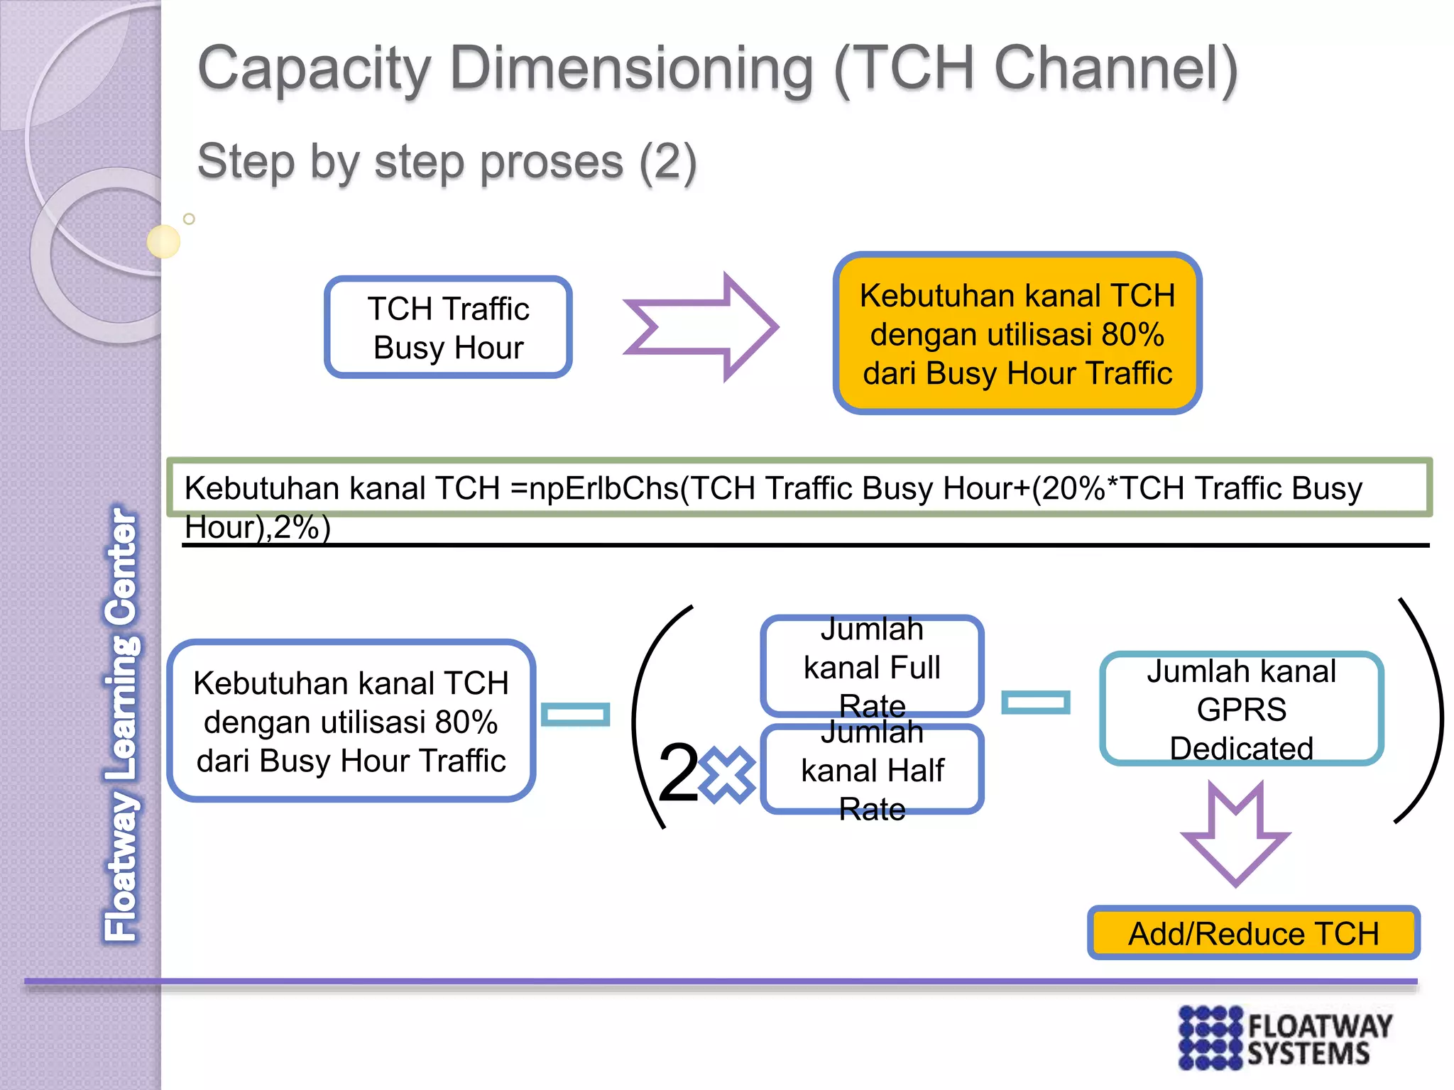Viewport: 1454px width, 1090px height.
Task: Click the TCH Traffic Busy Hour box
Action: (448, 327)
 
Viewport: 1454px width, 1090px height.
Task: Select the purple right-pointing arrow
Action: (700, 327)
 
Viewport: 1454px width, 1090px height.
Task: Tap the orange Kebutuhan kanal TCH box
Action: (1017, 334)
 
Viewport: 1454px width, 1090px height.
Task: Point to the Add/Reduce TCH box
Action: (1253, 933)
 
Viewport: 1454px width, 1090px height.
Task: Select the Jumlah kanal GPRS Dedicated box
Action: (1241, 709)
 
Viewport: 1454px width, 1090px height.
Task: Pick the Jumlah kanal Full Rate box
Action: (872, 666)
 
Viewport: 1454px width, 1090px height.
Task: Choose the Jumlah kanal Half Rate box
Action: (872, 769)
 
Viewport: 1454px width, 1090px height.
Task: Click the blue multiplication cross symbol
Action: (727, 775)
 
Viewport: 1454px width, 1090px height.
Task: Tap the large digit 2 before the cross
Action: (678, 774)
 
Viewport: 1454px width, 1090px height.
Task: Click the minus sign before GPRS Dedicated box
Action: (1035, 703)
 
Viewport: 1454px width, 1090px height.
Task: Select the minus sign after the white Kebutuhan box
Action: (575, 715)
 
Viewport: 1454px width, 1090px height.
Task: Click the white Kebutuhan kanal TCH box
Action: (351, 721)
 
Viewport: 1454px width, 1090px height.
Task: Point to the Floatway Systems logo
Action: (1285, 1037)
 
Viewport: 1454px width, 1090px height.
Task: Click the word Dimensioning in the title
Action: (632, 69)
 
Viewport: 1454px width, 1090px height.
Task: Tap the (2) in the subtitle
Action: (667, 162)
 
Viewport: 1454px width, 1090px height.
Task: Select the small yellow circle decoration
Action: (164, 241)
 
